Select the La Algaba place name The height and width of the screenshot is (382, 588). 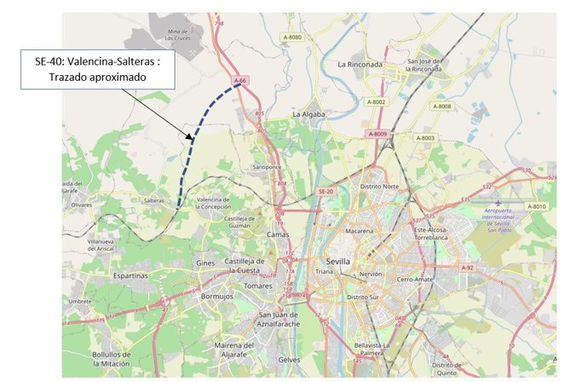(x=310, y=113)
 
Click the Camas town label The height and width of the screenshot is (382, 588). (x=279, y=234)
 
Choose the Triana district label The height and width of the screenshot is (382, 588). (x=325, y=271)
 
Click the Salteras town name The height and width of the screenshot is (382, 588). (x=153, y=201)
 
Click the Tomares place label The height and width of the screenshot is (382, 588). (x=257, y=286)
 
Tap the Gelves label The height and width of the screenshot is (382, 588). (x=290, y=360)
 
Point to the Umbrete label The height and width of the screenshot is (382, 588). (x=80, y=301)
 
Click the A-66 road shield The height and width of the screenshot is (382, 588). (x=240, y=81)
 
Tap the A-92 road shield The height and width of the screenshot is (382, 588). (x=467, y=268)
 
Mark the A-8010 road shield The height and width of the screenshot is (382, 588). (x=536, y=206)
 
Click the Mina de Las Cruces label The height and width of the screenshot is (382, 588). (x=178, y=35)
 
